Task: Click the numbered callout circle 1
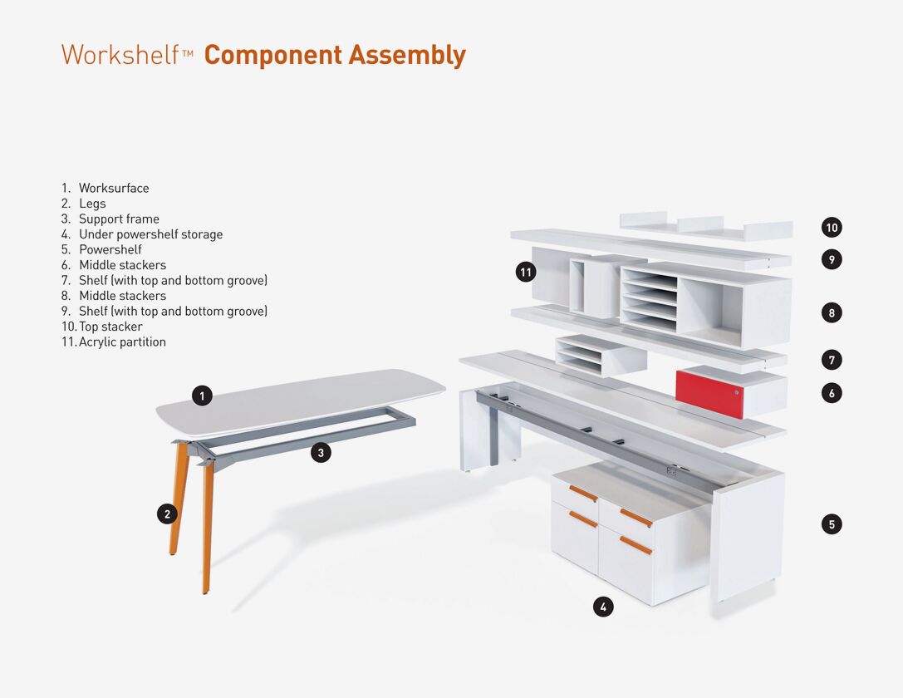coord(202,396)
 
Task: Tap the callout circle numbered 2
coord(167,514)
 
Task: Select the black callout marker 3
coord(321,453)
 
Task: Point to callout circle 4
coord(603,607)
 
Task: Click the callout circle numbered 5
coord(832,524)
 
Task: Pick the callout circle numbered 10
coord(832,228)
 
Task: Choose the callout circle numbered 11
coord(526,272)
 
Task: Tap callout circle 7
coord(832,360)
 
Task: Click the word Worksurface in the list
coord(114,189)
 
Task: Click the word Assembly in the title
coord(407,56)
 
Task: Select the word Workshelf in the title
coord(120,55)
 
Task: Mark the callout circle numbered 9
coord(832,259)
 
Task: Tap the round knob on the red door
coord(737,393)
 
